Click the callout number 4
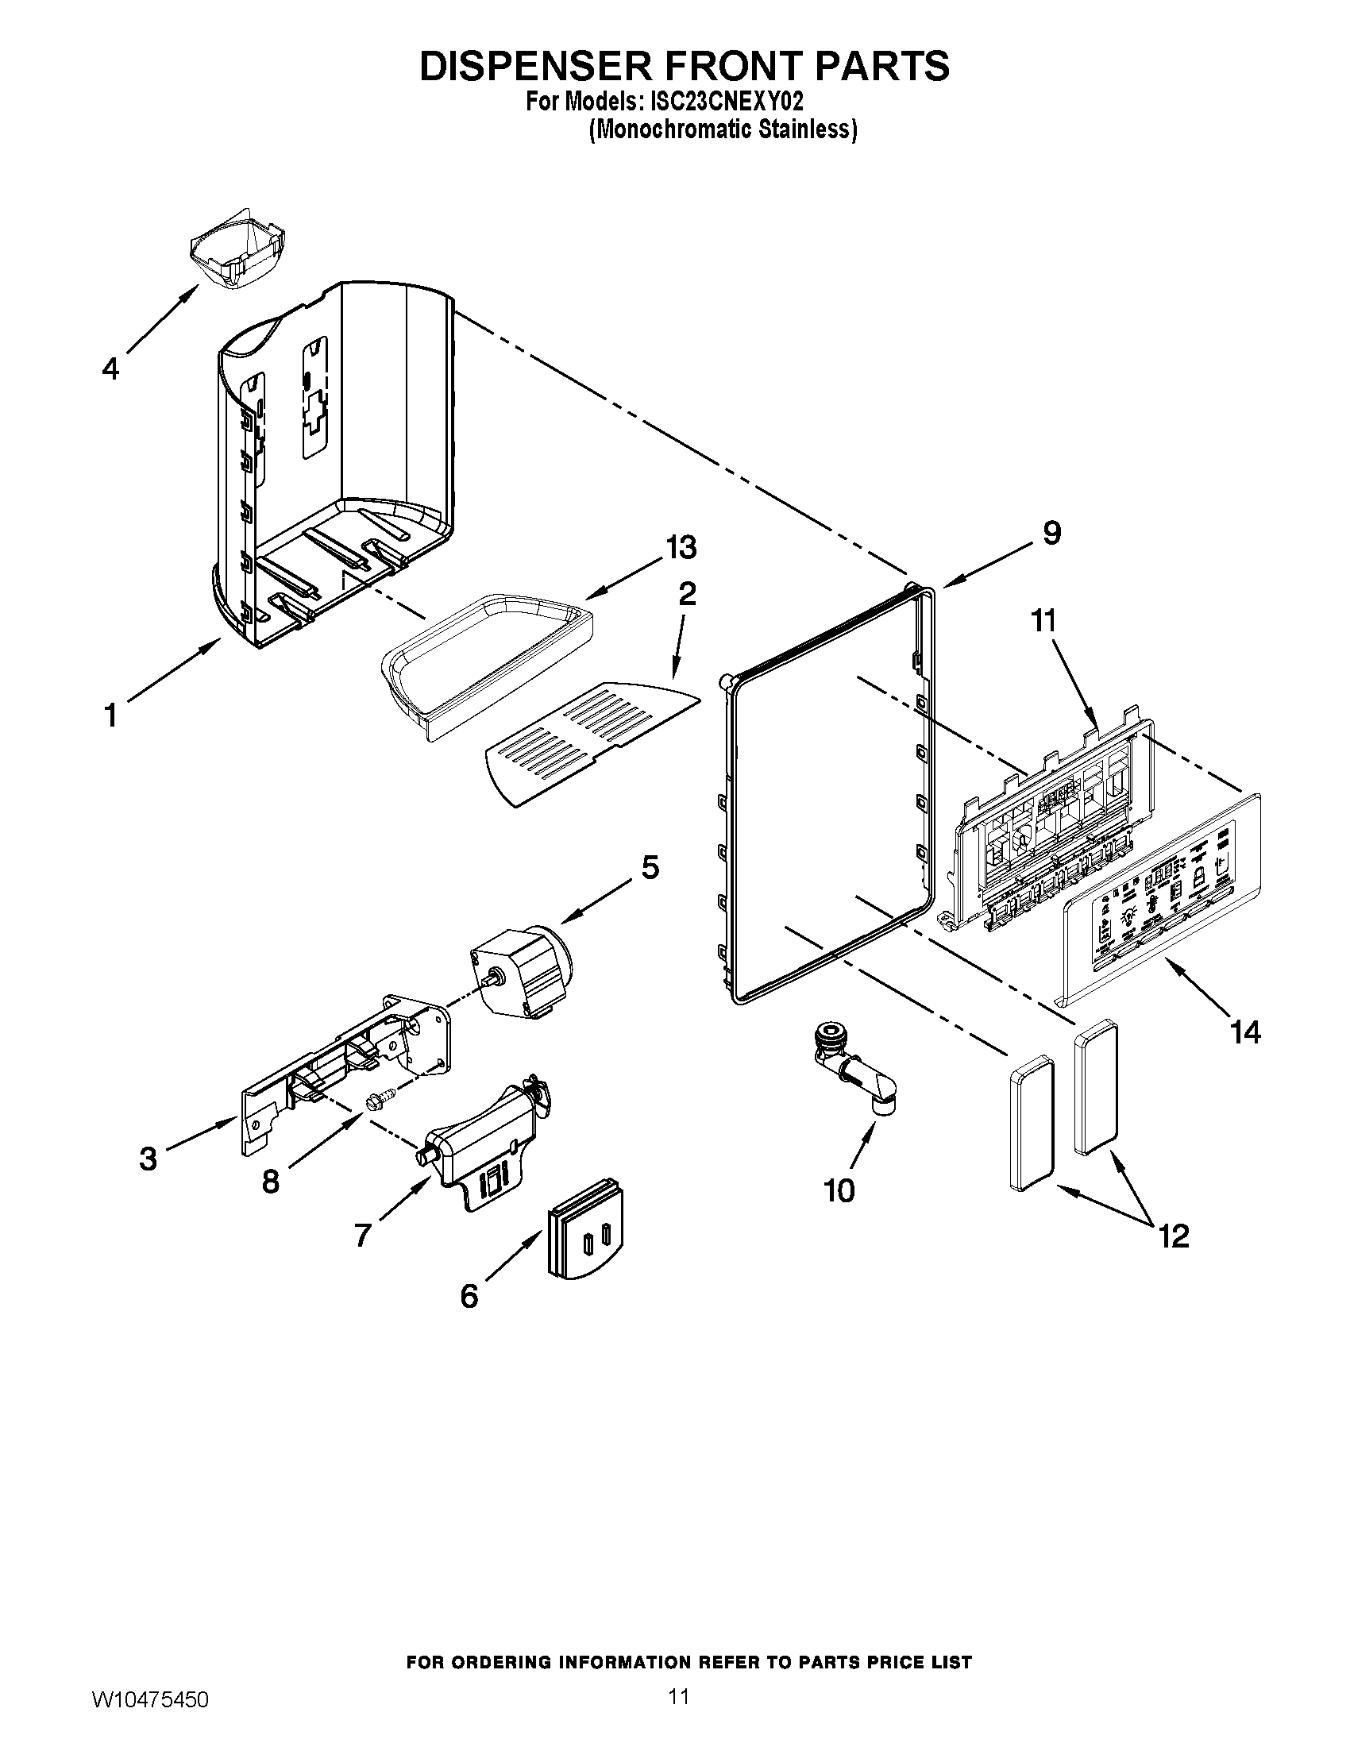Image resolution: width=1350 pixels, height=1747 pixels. tap(110, 368)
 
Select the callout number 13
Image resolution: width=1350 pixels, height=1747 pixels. tap(681, 548)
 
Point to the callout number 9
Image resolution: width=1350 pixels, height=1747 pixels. tap(1051, 533)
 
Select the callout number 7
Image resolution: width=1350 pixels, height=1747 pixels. tap(362, 1236)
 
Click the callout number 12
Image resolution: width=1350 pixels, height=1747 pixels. tap(1173, 1236)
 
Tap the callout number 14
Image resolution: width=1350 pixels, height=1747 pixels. tap(1245, 1032)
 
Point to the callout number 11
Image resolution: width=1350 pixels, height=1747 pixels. tap(1043, 621)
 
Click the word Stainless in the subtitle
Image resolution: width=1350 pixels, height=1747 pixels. tap(808, 129)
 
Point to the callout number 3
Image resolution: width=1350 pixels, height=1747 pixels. tap(148, 1159)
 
